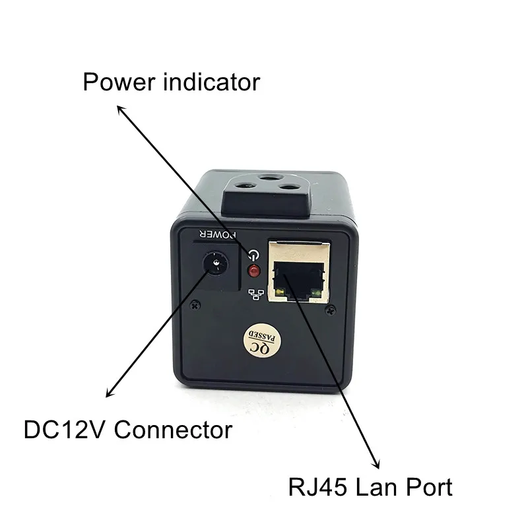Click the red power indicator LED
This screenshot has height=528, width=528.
pyautogui.click(x=254, y=271)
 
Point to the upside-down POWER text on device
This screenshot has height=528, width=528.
pyautogui.click(x=217, y=234)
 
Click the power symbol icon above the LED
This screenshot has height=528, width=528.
pyautogui.click(x=254, y=255)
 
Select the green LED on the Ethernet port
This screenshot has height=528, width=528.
pyautogui.click(x=317, y=293)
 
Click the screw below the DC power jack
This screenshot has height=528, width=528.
pyautogui.click(x=195, y=306)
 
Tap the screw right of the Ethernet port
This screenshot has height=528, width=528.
pyautogui.click(x=331, y=310)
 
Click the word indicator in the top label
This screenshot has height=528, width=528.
pyautogui.click(x=211, y=82)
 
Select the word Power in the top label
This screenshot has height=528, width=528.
pyautogui.click(x=119, y=82)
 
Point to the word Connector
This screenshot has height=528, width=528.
pyautogui.click(x=174, y=430)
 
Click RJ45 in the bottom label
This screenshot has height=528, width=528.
pyautogui.click(x=317, y=487)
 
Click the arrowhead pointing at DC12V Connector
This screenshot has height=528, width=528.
pyautogui.click(x=110, y=392)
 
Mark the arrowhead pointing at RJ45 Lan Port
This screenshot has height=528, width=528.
pyautogui.click(x=376, y=463)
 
